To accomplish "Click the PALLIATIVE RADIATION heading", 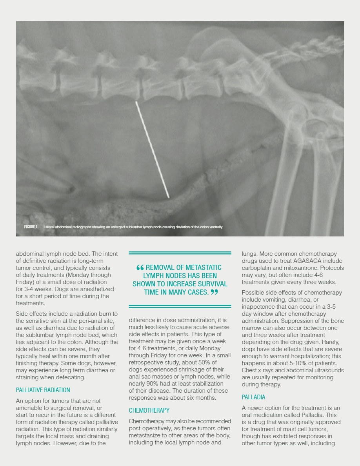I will point(43,390).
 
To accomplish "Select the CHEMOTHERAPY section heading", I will point(149,410).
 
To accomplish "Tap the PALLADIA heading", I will point(253,397).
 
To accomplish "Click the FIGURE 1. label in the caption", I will point(31,227).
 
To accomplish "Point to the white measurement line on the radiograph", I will point(152,149).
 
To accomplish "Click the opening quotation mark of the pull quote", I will point(140,268).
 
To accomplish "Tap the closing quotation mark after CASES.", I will point(214,292).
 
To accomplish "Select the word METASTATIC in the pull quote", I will point(203,268).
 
